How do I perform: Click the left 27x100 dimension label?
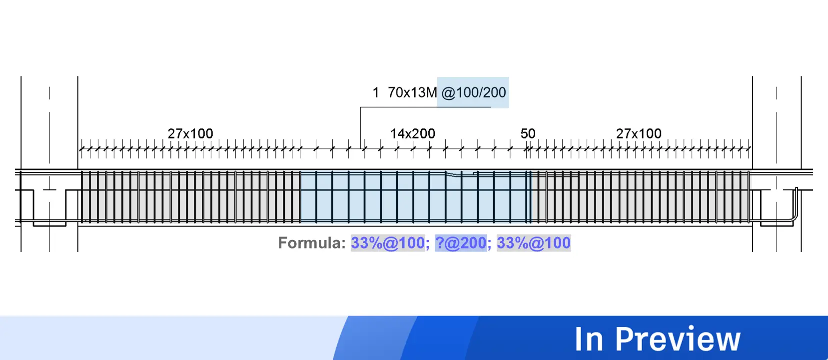click(x=190, y=133)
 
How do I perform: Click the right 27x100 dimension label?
click(x=638, y=133)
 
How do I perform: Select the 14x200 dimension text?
click(x=412, y=133)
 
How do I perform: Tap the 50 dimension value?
click(x=528, y=133)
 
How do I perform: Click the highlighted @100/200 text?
click(x=473, y=92)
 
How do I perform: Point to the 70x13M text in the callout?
click(x=412, y=92)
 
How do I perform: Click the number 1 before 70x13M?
click(x=376, y=92)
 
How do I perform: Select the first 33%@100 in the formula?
click(x=387, y=243)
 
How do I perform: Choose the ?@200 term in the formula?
click(x=460, y=243)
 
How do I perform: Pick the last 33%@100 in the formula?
click(x=533, y=243)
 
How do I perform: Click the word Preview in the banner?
click(x=677, y=339)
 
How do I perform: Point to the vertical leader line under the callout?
click(x=361, y=127)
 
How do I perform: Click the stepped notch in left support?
click(x=49, y=207)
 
